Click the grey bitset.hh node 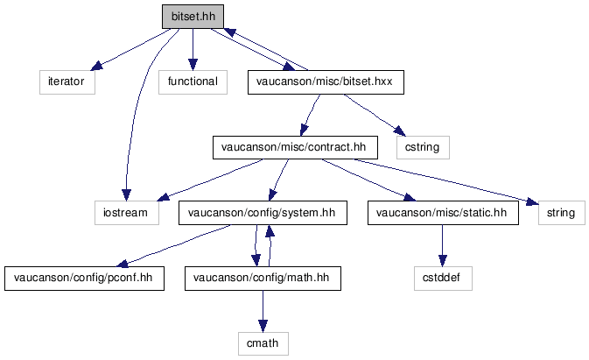click(193, 17)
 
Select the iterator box click(67, 82)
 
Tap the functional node click(193, 82)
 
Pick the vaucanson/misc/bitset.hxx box click(326, 82)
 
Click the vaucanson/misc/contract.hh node click(295, 147)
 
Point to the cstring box click(423, 147)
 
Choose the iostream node click(127, 213)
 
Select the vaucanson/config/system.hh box click(263, 213)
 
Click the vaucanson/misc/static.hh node click(443, 213)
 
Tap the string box click(562, 213)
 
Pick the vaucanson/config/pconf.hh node click(84, 279)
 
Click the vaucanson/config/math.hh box click(263, 279)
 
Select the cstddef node click(443, 279)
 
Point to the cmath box click(263, 343)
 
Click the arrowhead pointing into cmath click(263, 326)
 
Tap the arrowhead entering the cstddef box click(443, 261)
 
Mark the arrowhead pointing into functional click(193, 64)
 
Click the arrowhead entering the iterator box click(96, 66)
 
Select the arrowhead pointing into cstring click(400, 131)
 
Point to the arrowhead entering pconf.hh click(123, 264)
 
